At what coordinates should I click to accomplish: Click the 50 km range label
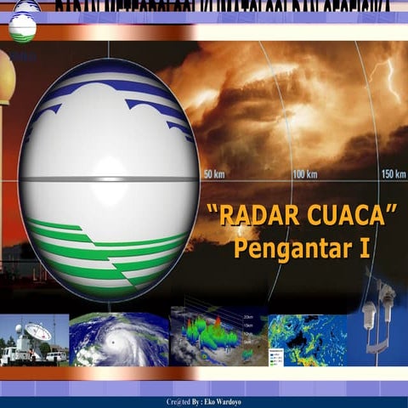point(213,174)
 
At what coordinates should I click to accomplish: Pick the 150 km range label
point(393,174)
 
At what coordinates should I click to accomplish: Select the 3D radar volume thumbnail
point(216,338)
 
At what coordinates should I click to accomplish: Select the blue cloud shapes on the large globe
point(110,93)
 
